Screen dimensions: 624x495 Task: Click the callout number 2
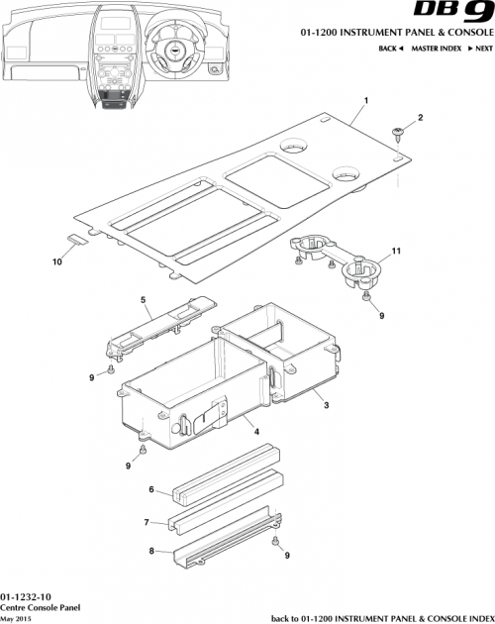click(419, 119)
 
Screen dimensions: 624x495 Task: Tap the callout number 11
click(395, 253)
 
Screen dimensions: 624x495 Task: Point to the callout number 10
click(56, 261)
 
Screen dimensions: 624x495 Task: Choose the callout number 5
click(143, 299)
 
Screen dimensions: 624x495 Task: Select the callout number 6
click(151, 489)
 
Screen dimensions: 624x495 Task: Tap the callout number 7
click(146, 522)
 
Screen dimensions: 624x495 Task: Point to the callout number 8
click(151, 552)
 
